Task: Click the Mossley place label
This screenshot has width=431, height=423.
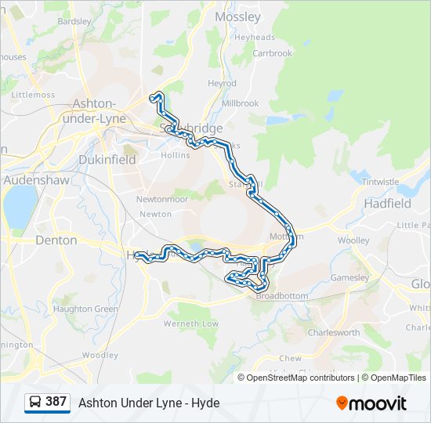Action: [x=237, y=16]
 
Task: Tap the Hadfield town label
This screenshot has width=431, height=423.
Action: [x=387, y=203]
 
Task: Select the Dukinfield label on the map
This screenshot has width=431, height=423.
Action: [x=107, y=159]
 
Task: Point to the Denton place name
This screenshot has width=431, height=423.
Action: [x=56, y=240]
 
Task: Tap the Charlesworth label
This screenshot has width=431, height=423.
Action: [x=334, y=332]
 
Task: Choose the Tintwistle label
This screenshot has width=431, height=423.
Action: [x=381, y=182]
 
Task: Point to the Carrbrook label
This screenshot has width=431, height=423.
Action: [x=272, y=53]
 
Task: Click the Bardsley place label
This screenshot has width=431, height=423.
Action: [x=74, y=21]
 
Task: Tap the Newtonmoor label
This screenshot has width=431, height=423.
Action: [x=162, y=199]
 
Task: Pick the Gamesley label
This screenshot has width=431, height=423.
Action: [x=350, y=277]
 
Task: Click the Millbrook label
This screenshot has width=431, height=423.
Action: [x=240, y=103]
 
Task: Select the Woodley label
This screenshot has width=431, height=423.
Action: [x=100, y=355]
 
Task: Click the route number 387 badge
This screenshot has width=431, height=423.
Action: [x=56, y=402]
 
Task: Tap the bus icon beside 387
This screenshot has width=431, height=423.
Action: [x=35, y=403]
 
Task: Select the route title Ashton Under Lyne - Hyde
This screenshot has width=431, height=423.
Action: [x=149, y=403]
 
